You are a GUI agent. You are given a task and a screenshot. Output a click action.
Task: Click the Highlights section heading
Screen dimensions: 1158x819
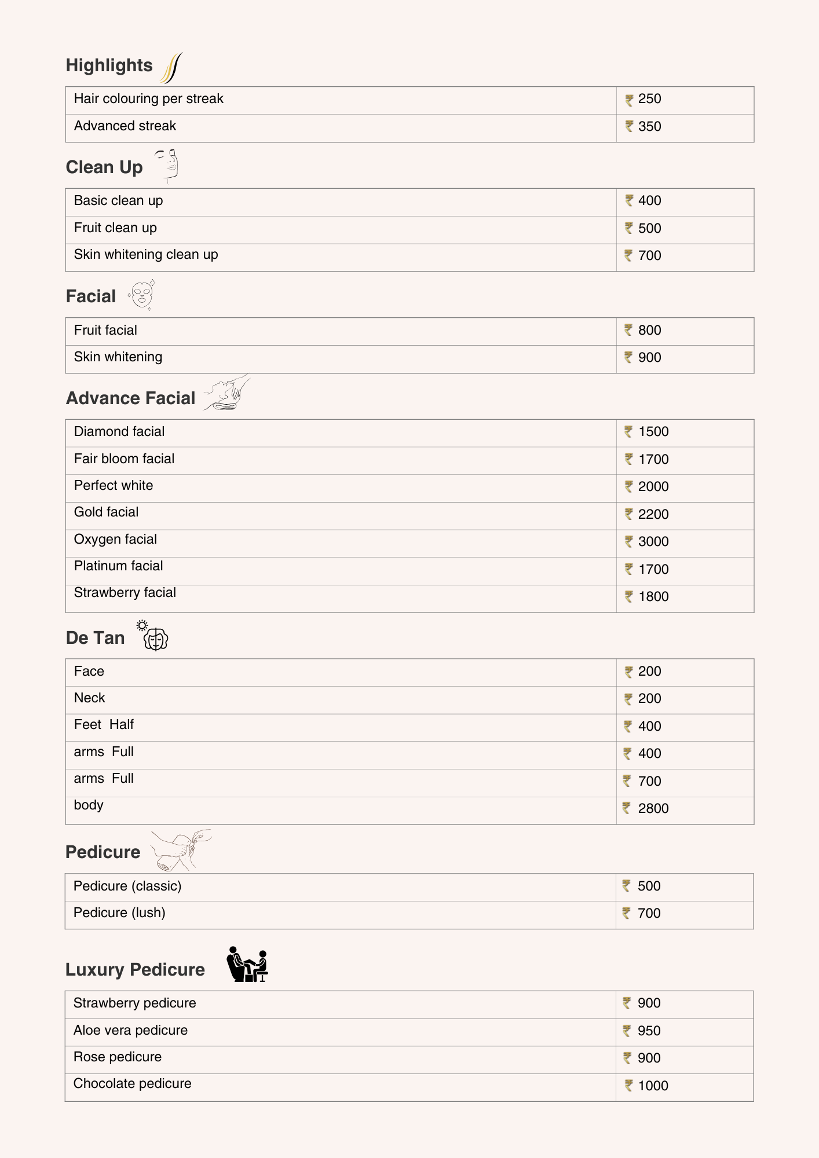click(x=109, y=65)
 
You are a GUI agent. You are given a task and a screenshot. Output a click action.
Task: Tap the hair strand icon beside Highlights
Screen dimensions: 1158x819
click(x=171, y=68)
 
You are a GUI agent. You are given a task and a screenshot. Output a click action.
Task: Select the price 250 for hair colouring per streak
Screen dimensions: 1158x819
click(x=649, y=99)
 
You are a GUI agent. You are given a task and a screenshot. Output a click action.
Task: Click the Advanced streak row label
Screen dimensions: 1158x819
click(x=125, y=126)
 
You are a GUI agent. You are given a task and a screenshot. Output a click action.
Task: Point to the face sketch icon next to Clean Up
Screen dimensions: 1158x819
click(x=168, y=165)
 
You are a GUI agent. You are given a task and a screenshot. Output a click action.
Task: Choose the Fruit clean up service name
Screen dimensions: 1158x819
click(x=115, y=228)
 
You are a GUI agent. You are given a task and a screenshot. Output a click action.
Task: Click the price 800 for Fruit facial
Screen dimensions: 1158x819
click(x=649, y=331)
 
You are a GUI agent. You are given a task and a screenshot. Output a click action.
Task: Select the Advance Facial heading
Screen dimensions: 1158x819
click(x=131, y=398)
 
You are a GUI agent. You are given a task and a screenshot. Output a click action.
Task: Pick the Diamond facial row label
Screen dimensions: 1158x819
click(x=119, y=432)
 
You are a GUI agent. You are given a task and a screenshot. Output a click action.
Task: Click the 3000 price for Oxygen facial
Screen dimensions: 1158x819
click(x=653, y=542)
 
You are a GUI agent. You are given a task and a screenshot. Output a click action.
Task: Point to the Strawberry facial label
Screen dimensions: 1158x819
click(x=125, y=593)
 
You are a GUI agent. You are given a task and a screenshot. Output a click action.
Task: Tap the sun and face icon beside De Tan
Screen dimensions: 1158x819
click(x=153, y=636)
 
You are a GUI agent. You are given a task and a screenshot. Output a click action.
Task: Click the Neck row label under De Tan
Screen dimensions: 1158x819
click(x=90, y=698)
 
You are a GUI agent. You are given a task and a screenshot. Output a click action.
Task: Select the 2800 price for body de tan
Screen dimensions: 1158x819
click(x=653, y=809)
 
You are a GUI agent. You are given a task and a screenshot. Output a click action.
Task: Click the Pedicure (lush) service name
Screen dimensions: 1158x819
click(x=119, y=913)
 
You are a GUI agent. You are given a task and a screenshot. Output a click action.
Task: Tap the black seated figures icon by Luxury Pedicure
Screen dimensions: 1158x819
click(x=248, y=965)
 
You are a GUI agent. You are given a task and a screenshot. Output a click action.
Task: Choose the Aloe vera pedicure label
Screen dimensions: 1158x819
click(x=130, y=1031)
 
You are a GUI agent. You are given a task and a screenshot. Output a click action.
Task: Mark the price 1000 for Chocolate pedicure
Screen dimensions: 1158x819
click(x=653, y=1086)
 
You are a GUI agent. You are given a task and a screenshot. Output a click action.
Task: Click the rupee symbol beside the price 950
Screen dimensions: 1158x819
click(x=627, y=1031)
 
